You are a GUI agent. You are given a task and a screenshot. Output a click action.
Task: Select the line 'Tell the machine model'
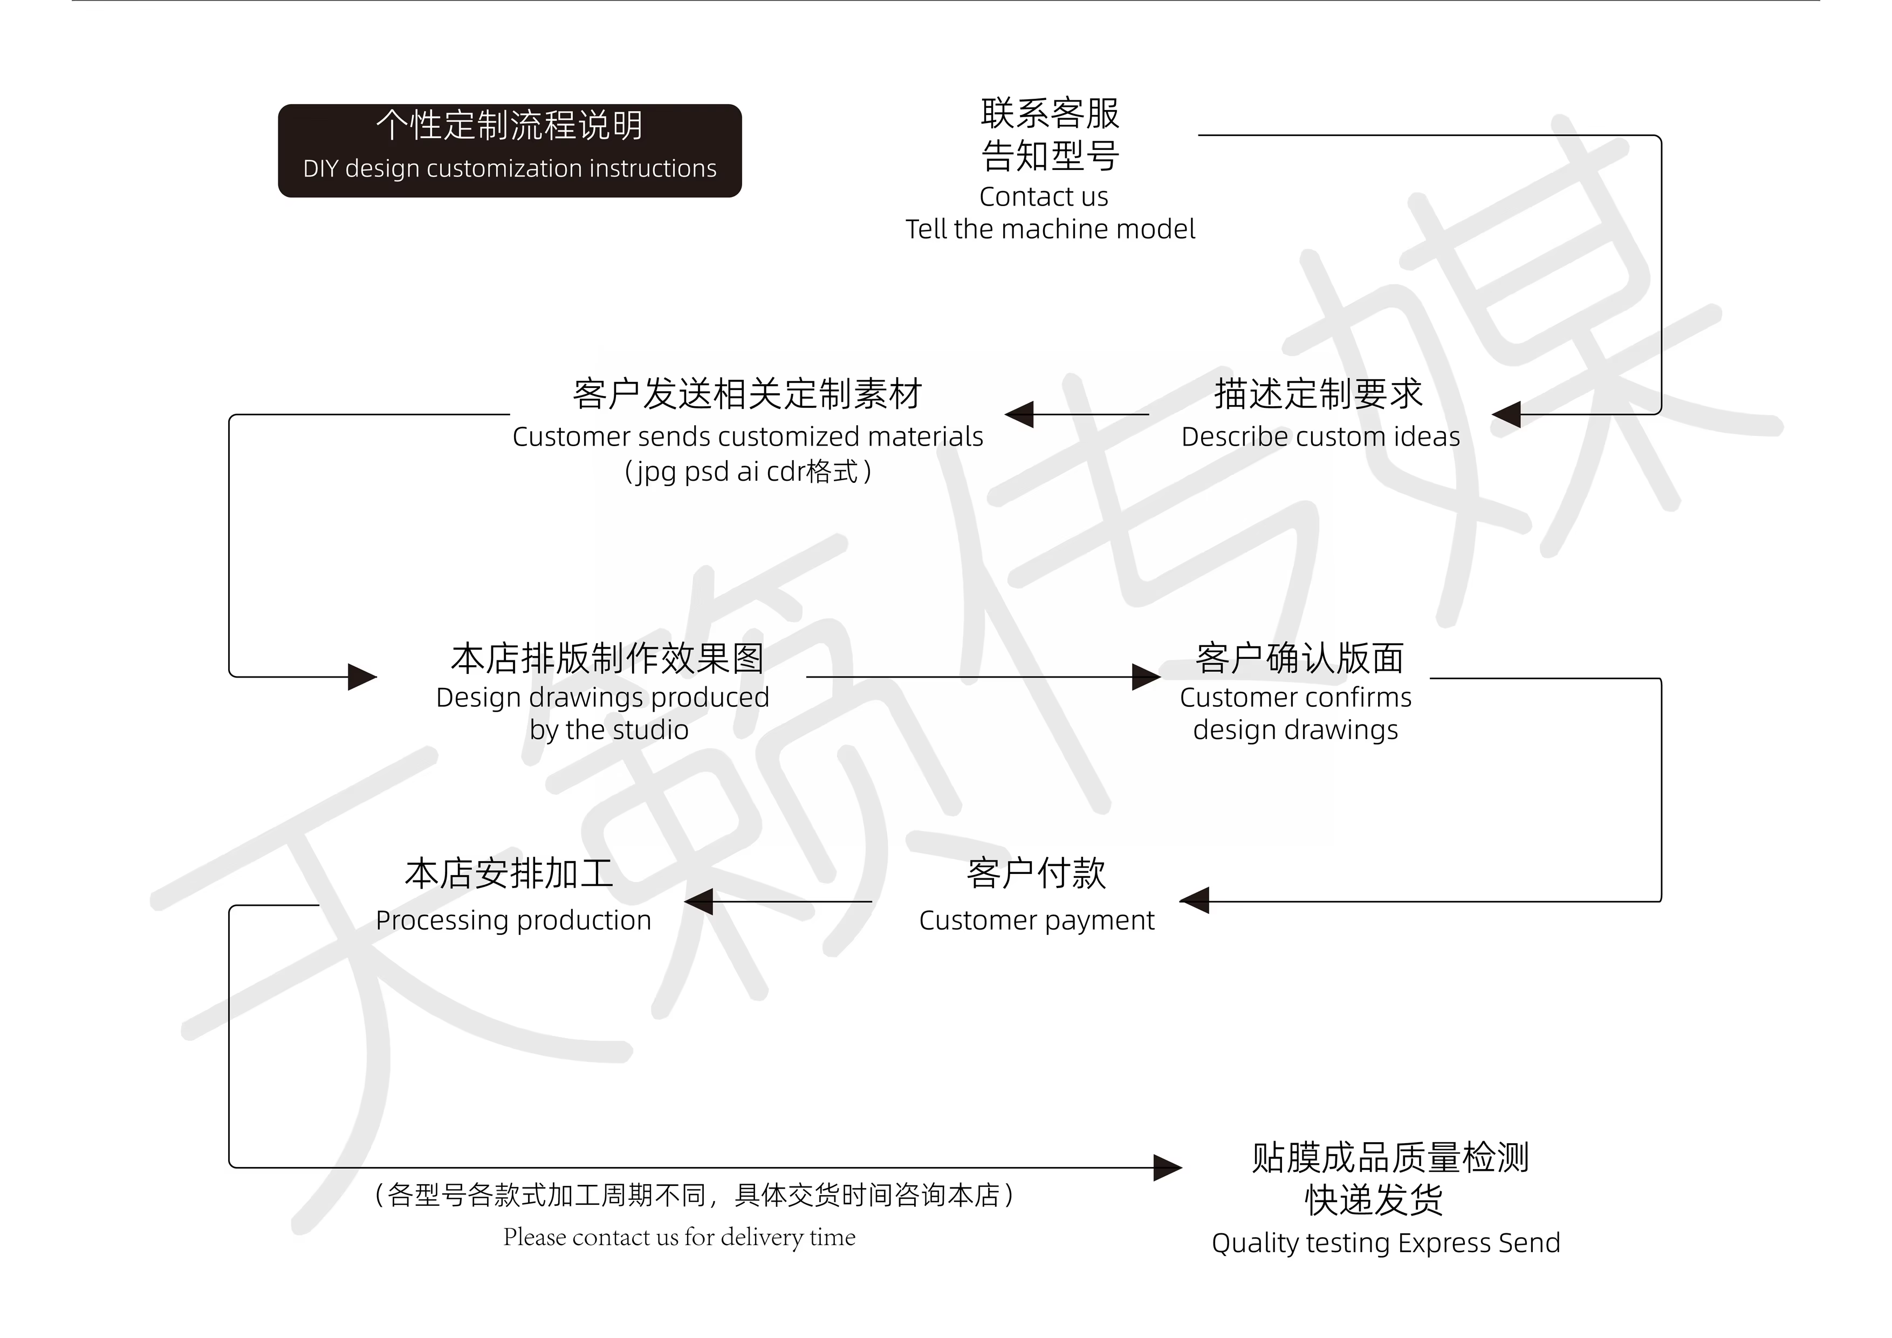(x=1050, y=229)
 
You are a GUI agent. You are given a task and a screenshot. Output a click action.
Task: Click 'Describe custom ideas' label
(x=1320, y=437)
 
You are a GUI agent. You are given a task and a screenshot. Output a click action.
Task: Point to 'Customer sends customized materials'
(x=748, y=437)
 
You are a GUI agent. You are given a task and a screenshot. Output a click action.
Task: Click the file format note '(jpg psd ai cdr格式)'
(x=748, y=472)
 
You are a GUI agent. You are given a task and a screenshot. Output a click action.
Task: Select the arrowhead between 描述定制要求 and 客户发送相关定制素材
(x=1019, y=415)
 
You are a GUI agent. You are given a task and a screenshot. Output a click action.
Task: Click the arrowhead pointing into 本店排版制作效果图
(x=362, y=677)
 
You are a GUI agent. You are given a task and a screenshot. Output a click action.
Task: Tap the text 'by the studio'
(x=609, y=731)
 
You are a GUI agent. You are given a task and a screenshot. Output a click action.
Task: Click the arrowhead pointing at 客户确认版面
(x=1146, y=677)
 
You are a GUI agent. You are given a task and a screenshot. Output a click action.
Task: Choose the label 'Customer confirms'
(x=1295, y=698)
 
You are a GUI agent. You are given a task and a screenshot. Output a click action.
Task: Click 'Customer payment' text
(x=1037, y=920)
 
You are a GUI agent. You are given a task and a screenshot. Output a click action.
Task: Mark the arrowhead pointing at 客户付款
(x=1195, y=900)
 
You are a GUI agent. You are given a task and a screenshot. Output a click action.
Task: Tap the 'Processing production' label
(x=513, y=920)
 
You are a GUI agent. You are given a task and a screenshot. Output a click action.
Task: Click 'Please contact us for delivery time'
(x=679, y=1238)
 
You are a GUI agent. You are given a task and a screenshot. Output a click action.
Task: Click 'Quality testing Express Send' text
(x=1386, y=1243)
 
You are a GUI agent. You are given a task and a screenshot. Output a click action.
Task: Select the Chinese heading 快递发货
(x=1374, y=1200)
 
